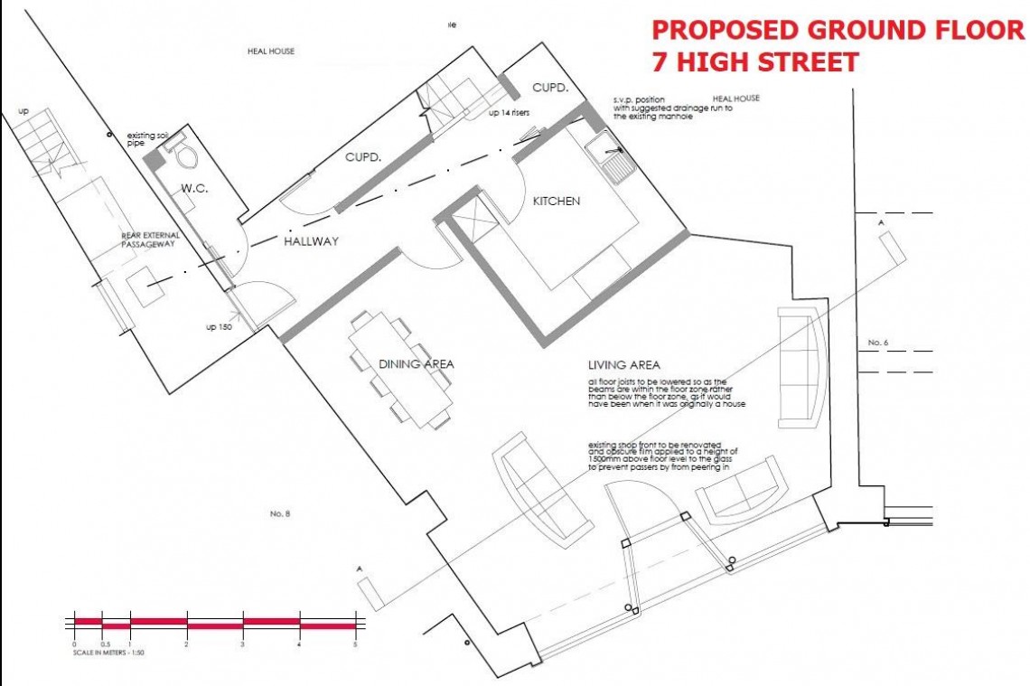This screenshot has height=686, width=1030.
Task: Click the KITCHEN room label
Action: coord(557,202)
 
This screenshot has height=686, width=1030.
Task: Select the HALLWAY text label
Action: coord(311,242)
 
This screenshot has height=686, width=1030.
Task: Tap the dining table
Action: coord(401,369)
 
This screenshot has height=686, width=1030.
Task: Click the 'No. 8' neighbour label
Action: coord(279,513)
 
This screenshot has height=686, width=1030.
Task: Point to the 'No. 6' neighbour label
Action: coord(878,343)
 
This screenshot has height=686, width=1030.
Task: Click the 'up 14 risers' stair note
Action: coord(508,113)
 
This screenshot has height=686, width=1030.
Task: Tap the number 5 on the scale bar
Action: coord(356,645)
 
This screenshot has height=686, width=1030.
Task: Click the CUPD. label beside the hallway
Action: coord(361,157)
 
